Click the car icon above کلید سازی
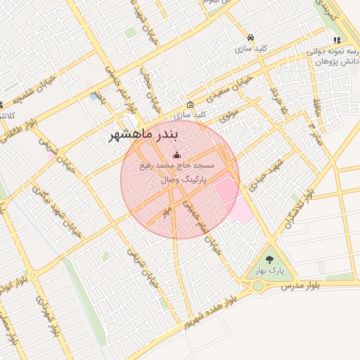pyautogui.click(x=250, y=37)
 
